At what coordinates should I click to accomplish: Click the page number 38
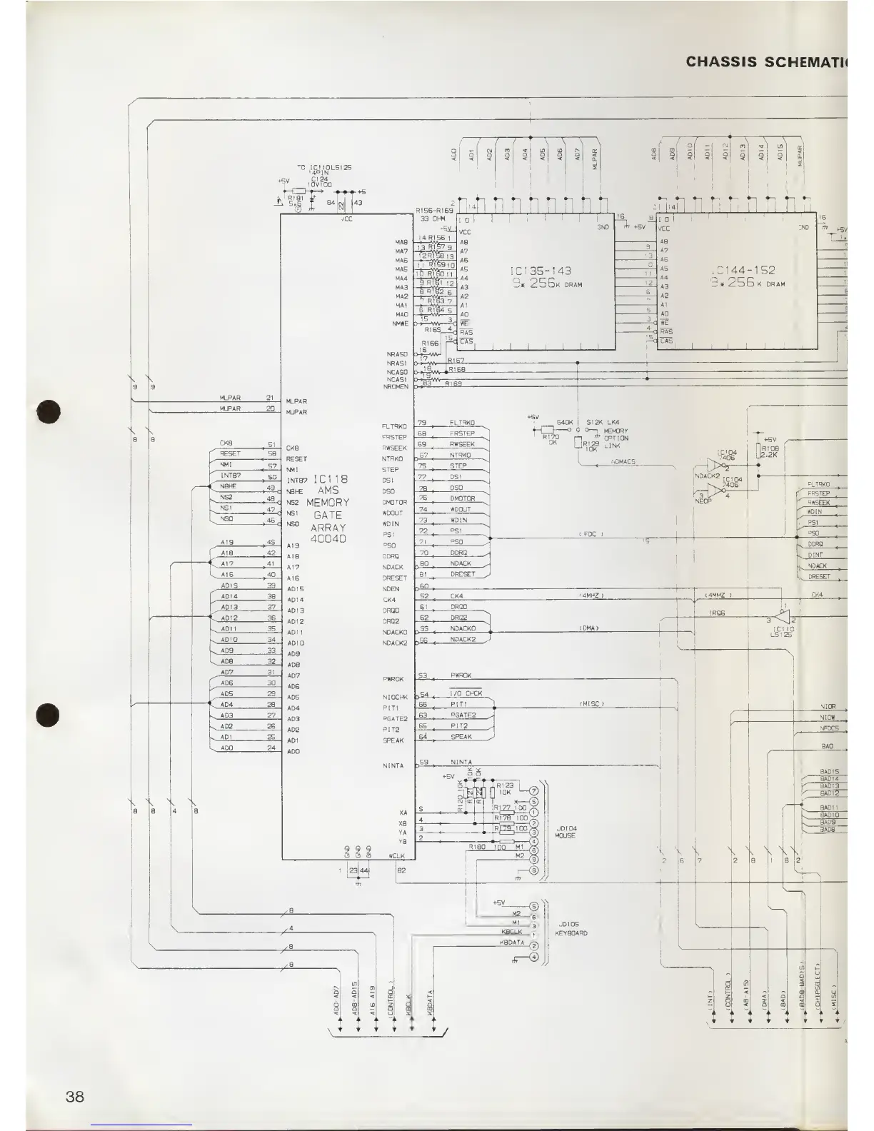pyautogui.click(x=74, y=1096)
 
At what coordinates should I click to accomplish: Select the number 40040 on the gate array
pyautogui.click(x=328, y=538)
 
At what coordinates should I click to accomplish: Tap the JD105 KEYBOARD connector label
pyautogui.click(x=571, y=928)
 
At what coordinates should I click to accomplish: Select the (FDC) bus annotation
pyautogui.click(x=591, y=534)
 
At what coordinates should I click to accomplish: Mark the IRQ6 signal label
pyautogui.click(x=717, y=613)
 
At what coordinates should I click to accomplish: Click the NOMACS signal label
pyautogui.click(x=623, y=462)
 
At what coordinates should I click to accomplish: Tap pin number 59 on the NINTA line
pyautogui.click(x=423, y=762)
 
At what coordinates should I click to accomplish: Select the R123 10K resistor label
pyautogui.click(x=504, y=788)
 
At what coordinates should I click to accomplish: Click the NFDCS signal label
pyautogui.click(x=828, y=728)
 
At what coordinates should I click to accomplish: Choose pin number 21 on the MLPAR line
pyautogui.click(x=270, y=398)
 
